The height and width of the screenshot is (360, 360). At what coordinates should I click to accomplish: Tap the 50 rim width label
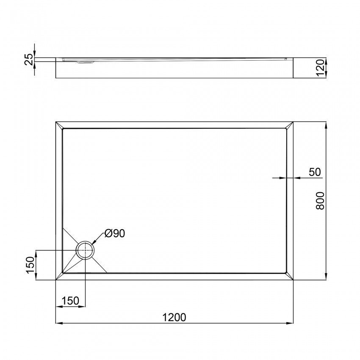pos(315,172)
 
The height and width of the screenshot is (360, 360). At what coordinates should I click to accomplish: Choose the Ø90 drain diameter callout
pos(114,233)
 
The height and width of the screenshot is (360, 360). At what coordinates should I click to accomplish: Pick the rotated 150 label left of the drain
pos(29,266)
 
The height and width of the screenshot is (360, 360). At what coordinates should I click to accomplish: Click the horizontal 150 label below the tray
pos(70,301)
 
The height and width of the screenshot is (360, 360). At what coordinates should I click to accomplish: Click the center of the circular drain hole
pos(85,251)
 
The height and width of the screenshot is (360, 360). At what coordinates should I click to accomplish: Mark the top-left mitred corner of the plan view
pos(59,126)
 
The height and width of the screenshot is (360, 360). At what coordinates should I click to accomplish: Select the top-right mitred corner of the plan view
pos(290,126)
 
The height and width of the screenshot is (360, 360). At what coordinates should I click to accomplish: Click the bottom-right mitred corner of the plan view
pos(290,276)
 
